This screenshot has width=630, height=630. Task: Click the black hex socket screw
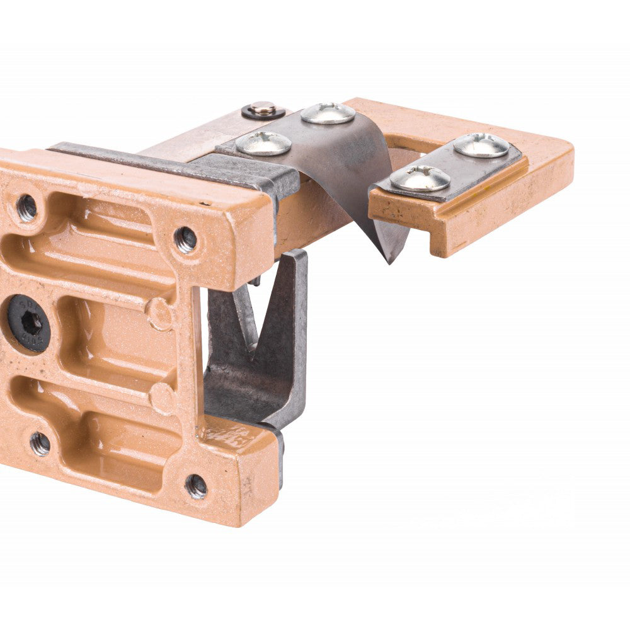point(29,322)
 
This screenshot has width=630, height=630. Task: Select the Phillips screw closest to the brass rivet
point(263,143)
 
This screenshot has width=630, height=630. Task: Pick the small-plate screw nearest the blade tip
point(420,178)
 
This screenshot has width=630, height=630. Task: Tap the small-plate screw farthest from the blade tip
point(481,145)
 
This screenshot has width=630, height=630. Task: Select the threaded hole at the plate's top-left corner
point(26,207)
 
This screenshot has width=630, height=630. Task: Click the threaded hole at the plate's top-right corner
point(185,239)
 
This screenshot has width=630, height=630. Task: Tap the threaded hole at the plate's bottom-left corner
point(39,444)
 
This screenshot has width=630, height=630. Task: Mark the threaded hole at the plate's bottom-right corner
point(196,486)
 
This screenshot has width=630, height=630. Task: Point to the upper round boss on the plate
point(159,313)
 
